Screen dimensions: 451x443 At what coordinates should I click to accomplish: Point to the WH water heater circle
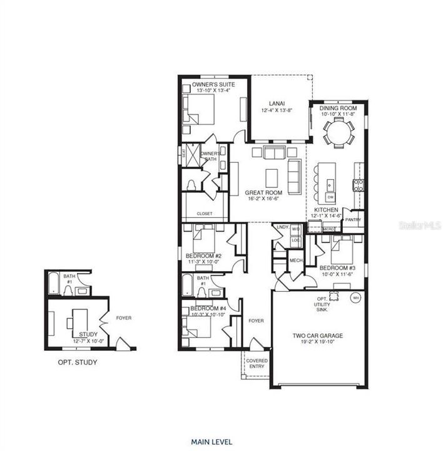(x=356, y=298)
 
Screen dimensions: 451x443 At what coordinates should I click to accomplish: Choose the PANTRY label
(x=353, y=220)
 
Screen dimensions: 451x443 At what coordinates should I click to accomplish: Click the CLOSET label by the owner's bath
(x=204, y=214)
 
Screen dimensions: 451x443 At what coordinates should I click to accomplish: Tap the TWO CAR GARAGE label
(x=318, y=336)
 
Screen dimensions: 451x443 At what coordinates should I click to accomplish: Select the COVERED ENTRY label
(x=257, y=364)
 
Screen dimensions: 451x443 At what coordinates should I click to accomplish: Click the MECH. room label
(x=295, y=260)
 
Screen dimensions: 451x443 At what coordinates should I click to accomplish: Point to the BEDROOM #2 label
(x=204, y=256)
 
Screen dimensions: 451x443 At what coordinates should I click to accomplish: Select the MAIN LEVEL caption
(x=213, y=442)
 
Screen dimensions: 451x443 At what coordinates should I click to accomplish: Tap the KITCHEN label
(x=327, y=210)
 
